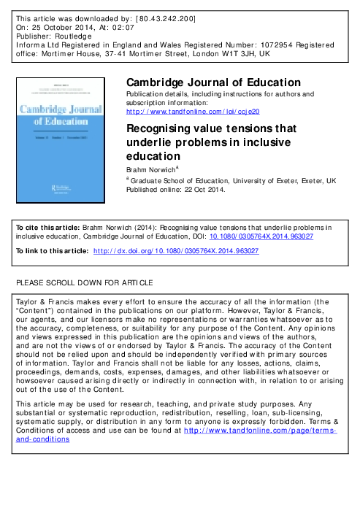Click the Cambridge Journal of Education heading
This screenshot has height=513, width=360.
pos(213,82)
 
